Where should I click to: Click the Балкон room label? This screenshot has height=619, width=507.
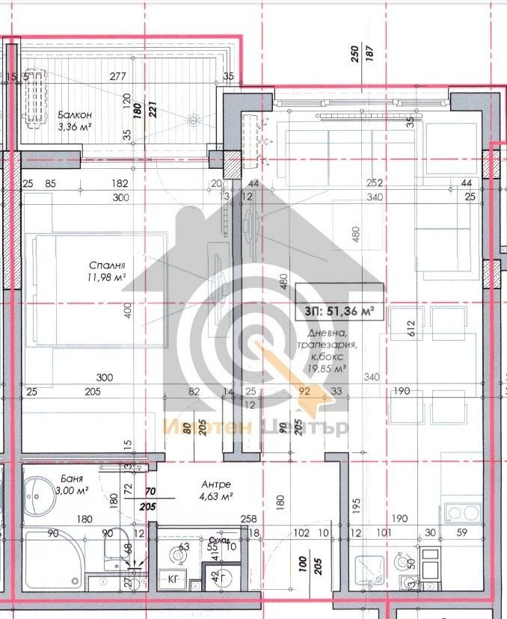(x=75, y=114)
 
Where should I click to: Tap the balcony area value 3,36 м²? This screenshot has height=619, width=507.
(x=75, y=126)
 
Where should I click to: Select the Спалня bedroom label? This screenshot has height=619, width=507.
(x=106, y=265)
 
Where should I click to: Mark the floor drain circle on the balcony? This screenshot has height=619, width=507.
(x=194, y=119)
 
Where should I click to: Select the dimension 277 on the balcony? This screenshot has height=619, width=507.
(x=117, y=76)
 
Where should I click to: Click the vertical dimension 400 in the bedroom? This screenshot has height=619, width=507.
(x=128, y=309)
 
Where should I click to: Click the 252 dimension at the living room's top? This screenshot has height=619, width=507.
(x=375, y=183)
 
